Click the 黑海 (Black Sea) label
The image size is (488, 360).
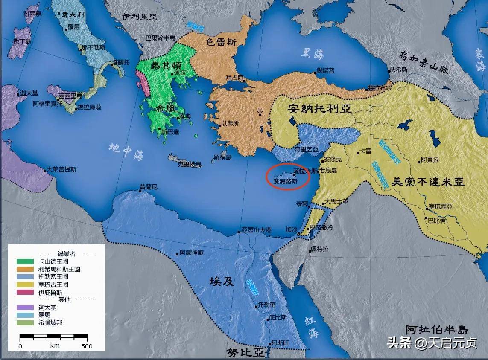(x=312, y=53)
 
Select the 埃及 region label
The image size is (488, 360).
(x=221, y=281)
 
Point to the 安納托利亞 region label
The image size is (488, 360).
(x=320, y=109)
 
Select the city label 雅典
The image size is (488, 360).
(x=185, y=116)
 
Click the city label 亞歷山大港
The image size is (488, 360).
(x=256, y=230)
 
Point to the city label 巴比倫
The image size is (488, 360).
(x=437, y=221)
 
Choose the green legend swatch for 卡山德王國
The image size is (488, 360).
(x=25, y=261)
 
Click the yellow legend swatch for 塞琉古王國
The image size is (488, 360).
(x=25, y=285)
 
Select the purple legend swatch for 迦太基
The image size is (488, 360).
(x=25, y=308)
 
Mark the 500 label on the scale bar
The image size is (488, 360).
(x=87, y=346)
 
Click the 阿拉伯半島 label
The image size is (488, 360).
(x=436, y=329)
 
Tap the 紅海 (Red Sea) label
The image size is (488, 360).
(x=312, y=327)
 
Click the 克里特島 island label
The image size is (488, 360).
(x=190, y=164)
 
